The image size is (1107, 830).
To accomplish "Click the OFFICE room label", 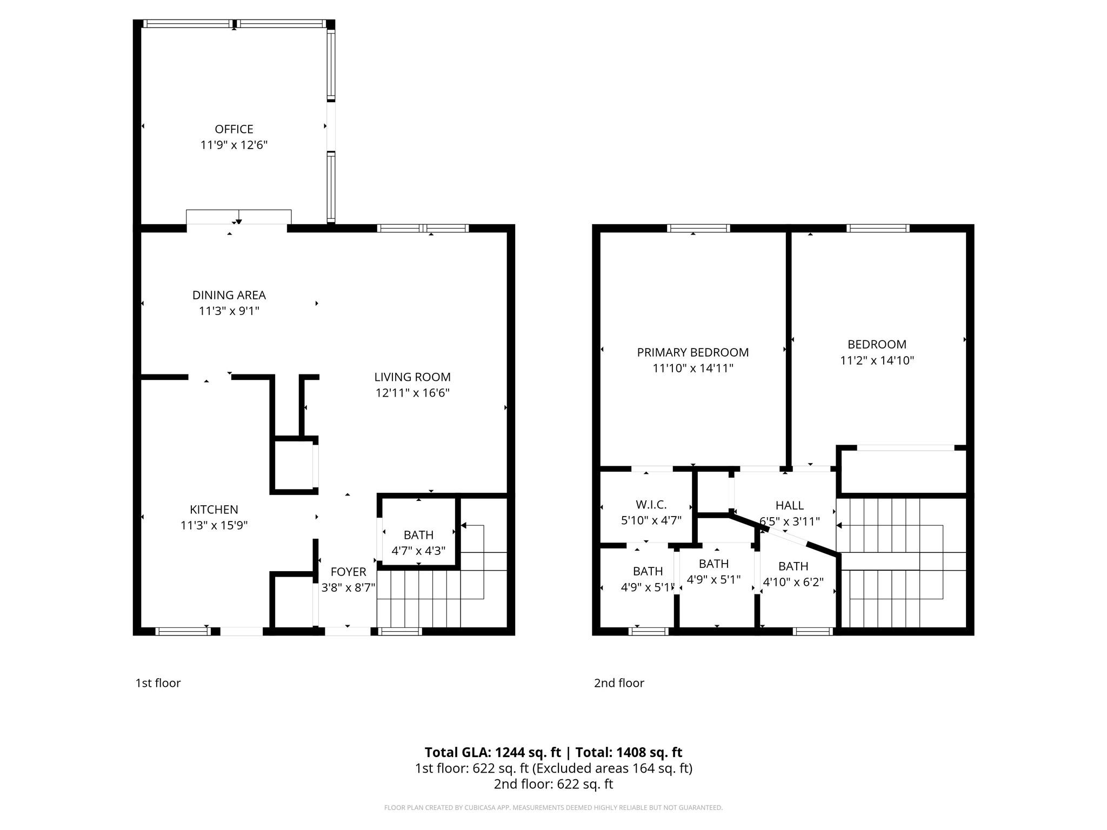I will pos(234,129).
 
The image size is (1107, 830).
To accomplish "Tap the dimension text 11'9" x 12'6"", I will pos(234,145).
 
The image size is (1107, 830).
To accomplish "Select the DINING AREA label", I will pos(229,295).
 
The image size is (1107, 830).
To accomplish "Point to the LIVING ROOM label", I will pos(412,377).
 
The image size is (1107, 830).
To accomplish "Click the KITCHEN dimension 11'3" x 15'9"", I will pos(214,525).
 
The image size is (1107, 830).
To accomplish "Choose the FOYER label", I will pos(348,572).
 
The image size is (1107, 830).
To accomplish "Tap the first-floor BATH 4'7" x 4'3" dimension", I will pos(418,551).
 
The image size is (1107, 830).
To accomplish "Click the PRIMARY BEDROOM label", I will pos(692,352).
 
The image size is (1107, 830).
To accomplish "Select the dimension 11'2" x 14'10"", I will pos(876,360).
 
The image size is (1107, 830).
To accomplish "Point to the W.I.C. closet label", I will pos(651,505).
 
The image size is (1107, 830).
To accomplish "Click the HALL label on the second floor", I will pos(789,505).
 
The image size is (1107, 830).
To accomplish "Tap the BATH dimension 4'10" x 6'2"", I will pos(793,583).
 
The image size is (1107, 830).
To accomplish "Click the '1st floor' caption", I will pos(158,683).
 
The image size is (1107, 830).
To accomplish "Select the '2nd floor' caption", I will pos(619,683).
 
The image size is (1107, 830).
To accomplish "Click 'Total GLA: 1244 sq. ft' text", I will pos(492,752).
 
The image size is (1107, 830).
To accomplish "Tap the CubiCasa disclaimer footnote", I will pos(553,808).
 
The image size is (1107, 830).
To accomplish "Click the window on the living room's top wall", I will pos(423,228).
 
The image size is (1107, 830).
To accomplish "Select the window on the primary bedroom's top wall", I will pos(698,228).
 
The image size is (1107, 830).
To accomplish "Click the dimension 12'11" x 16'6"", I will pos(412,393).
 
